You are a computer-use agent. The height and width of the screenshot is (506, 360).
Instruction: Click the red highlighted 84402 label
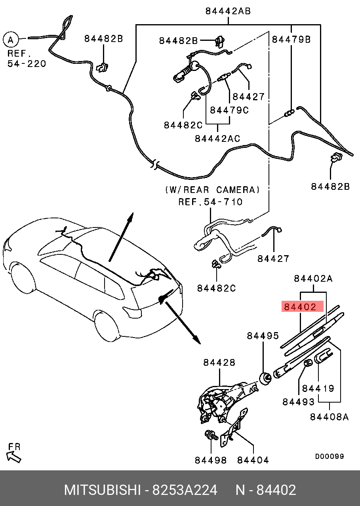pyautogui.click(x=302, y=306)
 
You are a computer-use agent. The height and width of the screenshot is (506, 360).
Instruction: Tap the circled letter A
pyautogui.click(x=11, y=40)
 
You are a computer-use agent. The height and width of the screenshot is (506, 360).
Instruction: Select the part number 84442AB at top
pyautogui.click(x=228, y=11)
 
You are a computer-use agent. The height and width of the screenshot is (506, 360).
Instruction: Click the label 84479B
pyautogui.click(x=291, y=40)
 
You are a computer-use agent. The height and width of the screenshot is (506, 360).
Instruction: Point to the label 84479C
pyautogui.click(x=229, y=110)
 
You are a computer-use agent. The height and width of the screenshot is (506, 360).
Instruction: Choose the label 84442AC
pyautogui.click(x=217, y=138)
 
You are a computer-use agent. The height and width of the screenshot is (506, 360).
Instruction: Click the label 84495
pyautogui.click(x=263, y=336)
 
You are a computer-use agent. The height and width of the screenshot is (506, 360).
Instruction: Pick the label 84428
pyautogui.click(x=219, y=363)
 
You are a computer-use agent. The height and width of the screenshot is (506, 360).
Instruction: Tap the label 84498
pyautogui.click(x=211, y=460)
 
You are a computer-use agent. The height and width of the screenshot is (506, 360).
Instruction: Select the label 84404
pyautogui.click(x=253, y=460)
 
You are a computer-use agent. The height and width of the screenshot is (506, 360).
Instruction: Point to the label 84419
pyautogui.click(x=318, y=388)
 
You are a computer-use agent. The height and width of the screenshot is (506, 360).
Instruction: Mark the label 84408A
pyautogui.click(x=329, y=417)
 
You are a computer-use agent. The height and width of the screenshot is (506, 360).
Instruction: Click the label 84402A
pyautogui.click(x=313, y=279)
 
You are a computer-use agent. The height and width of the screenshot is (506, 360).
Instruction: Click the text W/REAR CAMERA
pyautogui.click(x=213, y=190)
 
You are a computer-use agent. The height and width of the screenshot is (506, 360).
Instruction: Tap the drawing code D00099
pyautogui.click(x=330, y=456)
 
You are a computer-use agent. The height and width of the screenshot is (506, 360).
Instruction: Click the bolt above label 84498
pyautogui.click(x=211, y=435)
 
